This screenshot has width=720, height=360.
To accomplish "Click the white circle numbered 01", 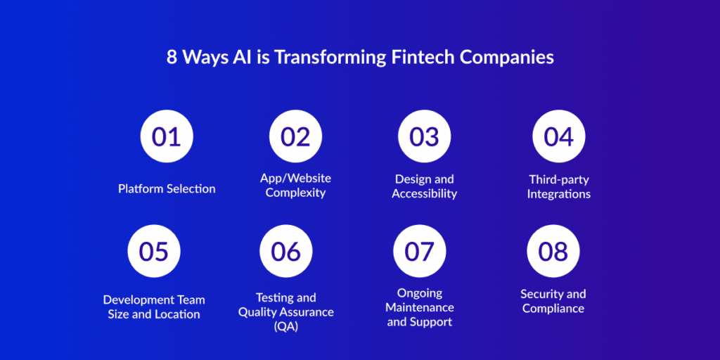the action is pyautogui.click(x=167, y=136).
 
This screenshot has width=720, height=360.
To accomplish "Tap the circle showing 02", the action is pyautogui.click(x=296, y=136).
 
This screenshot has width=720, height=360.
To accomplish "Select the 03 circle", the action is pyautogui.click(x=424, y=136).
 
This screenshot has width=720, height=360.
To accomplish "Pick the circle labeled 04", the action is pyautogui.click(x=559, y=136).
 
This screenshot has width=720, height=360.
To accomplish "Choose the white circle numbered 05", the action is pyautogui.click(x=154, y=251).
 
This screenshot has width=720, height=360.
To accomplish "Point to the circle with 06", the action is pyautogui.click(x=286, y=251).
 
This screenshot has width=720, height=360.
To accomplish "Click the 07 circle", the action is pyautogui.click(x=419, y=251).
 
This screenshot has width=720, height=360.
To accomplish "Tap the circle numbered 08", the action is pyautogui.click(x=553, y=251).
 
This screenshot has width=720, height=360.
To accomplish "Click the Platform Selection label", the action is pyautogui.click(x=167, y=188).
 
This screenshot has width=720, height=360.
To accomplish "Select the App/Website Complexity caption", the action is pyautogui.click(x=296, y=185).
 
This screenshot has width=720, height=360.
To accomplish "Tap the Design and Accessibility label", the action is pyautogui.click(x=424, y=186).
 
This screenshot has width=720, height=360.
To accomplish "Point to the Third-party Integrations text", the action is pyautogui.click(x=559, y=186).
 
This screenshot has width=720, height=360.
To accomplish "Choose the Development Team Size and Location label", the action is pyautogui.click(x=154, y=307).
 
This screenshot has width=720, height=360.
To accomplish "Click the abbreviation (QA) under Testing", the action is pyautogui.click(x=286, y=327).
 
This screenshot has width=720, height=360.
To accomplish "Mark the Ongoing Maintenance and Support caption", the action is pyautogui.click(x=420, y=307).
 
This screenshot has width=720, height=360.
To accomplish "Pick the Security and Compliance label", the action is pyautogui.click(x=553, y=301).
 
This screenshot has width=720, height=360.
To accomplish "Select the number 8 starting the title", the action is pyautogui.click(x=172, y=58).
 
